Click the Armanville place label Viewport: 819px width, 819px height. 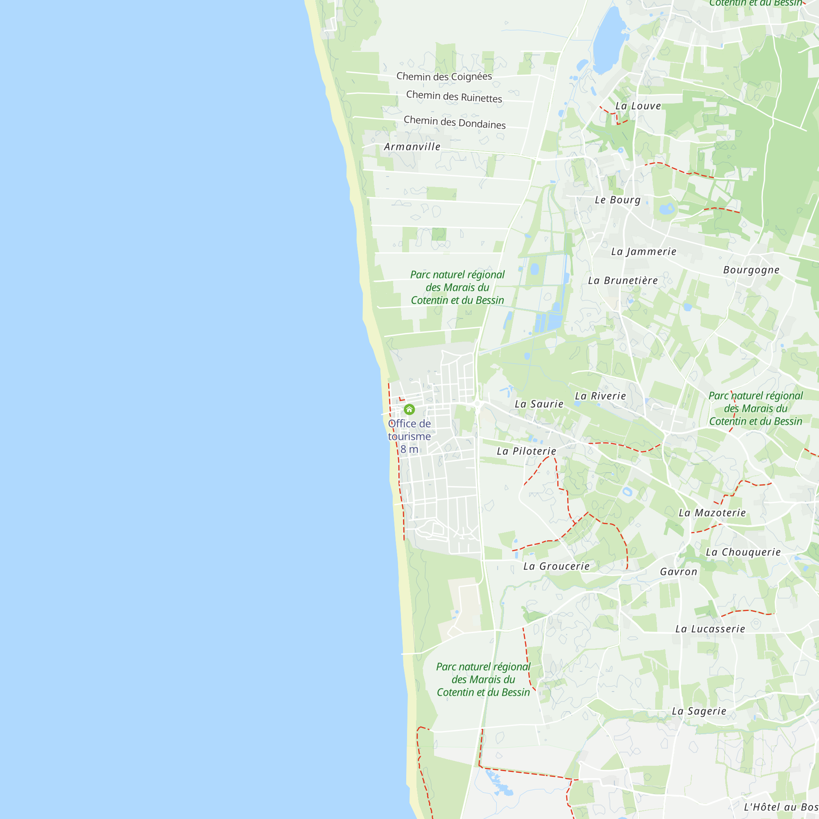(412, 147)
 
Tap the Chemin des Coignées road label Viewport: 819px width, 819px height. (444, 76)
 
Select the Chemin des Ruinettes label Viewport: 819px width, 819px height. (454, 96)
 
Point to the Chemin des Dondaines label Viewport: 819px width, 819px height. (455, 122)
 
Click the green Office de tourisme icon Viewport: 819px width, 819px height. (409, 409)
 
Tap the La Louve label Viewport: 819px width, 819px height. (638, 106)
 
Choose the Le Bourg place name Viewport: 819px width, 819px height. (618, 200)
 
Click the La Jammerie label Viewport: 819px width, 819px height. (643, 252)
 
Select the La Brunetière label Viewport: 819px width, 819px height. (623, 281)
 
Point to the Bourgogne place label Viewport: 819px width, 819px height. (751, 270)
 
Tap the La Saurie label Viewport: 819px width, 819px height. (539, 404)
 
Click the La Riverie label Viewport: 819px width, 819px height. (600, 396)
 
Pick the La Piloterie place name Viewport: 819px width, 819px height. (527, 451)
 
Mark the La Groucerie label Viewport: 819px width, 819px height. (557, 566)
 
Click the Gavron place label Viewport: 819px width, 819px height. (679, 572)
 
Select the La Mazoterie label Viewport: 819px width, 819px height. (712, 513)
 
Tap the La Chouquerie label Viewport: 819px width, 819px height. (743, 552)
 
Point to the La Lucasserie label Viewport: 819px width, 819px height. (710, 629)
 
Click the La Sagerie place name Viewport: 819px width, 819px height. (699, 711)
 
